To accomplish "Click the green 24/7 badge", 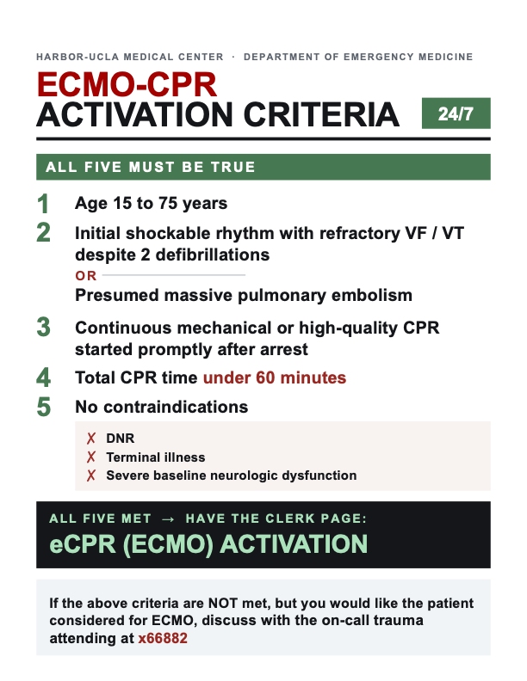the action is [x=456, y=113].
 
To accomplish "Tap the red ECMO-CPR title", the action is [x=127, y=84].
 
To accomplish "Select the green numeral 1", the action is [x=42, y=204].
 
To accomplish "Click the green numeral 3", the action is [x=43, y=327].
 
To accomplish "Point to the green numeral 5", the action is [x=43, y=407].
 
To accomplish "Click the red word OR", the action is [x=85, y=276].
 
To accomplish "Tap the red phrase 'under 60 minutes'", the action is [x=275, y=377].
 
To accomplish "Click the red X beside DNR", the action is [x=91, y=439].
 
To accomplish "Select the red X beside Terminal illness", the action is [x=91, y=457].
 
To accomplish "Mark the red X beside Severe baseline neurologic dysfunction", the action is [x=91, y=475].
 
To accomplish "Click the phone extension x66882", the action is [x=163, y=638].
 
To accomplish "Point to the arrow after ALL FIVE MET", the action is [x=168, y=519].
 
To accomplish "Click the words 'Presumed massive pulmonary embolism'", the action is [x=244, y=295].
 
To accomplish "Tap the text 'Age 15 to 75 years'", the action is [x=151, y=203].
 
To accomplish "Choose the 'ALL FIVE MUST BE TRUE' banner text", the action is [x=151, y=167].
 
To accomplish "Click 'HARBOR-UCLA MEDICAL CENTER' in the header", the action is [x=129, y=57].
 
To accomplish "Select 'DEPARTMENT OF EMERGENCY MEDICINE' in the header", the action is [x=358, y=57].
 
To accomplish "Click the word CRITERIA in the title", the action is [x=321, y=114].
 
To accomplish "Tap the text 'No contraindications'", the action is [x=161, y=407].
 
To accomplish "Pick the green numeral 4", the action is [x=43, y=377].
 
